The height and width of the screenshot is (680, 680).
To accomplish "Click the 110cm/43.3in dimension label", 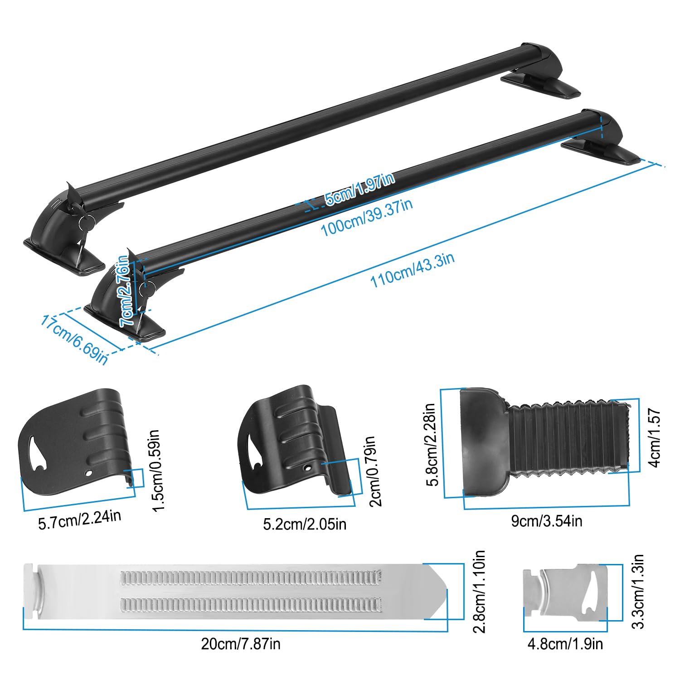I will pos(412,271).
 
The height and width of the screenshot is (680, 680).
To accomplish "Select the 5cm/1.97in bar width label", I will pos(360,189).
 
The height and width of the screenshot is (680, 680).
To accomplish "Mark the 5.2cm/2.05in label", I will pos(305,524).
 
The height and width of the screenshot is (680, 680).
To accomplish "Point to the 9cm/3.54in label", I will pos(546,521).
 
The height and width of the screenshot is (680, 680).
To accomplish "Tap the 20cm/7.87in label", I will pos(241,644).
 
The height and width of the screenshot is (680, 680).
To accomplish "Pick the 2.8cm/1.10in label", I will pos(479,591).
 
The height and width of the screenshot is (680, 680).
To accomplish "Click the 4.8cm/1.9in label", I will pos(565,644).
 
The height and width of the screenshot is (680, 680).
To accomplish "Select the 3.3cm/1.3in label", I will pos(638,591).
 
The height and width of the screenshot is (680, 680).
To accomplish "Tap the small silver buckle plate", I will pos(565,589).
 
